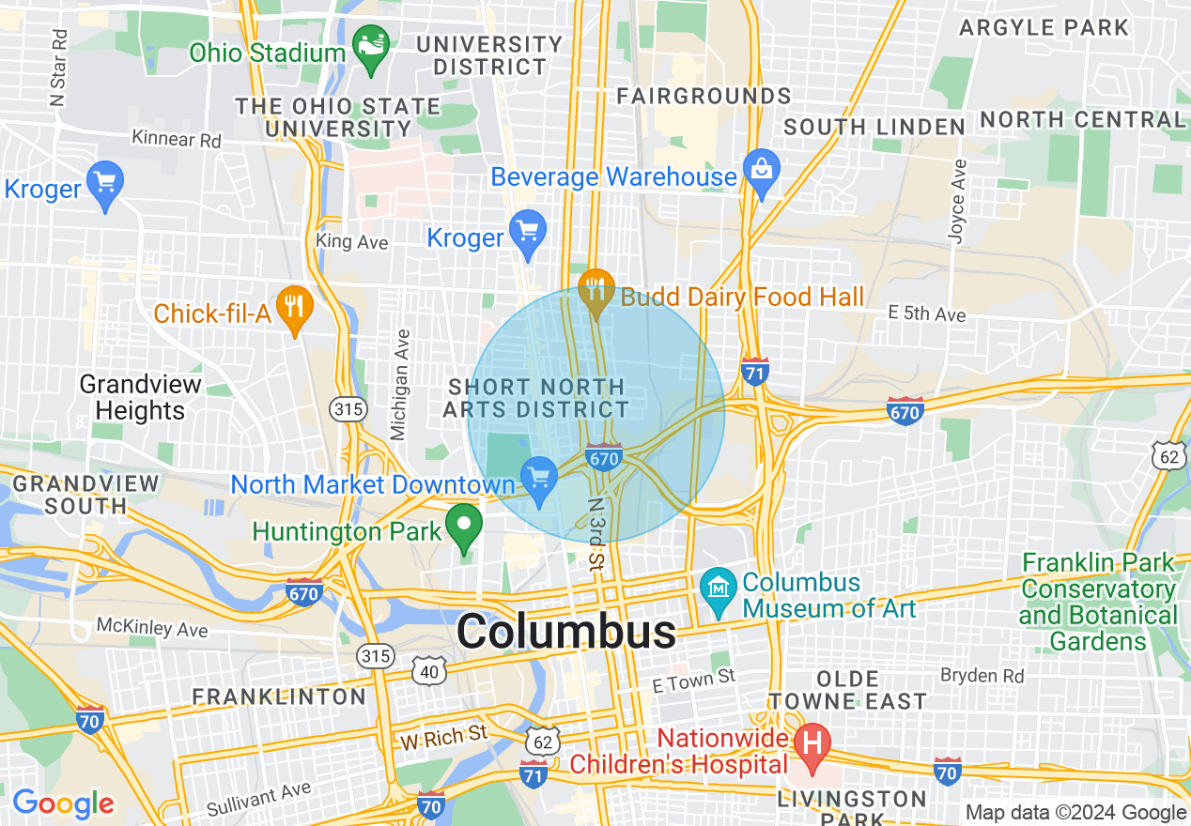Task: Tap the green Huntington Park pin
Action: click(x=463, y=527)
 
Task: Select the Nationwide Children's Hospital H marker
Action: click(x=812, y=744)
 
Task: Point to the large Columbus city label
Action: click(x=566, y=632)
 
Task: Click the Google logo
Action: click(x=63, y=803)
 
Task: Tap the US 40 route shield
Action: click(x=429, y=670)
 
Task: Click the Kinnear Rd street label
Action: click(x=177, y=140)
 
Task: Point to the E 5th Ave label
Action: click(x=926, y=314)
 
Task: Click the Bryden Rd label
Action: click(x=982, y=676)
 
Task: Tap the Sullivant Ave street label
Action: click(x=258, y=799)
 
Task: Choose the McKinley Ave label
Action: click(x=152, y=626)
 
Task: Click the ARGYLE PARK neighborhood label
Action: click(x=1044, y=27)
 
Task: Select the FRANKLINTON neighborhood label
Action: click(x=279, y=696)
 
